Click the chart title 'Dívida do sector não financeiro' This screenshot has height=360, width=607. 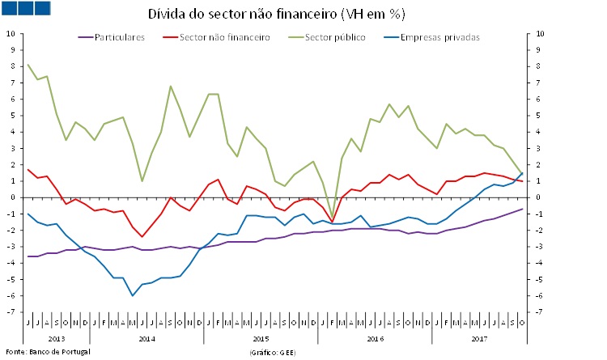point(276,15)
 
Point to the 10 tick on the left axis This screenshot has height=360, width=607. point(11,33)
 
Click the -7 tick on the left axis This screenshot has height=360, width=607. point(11,311)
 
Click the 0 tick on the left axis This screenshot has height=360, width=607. point(12,197)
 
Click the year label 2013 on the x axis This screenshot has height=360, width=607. point(56,337)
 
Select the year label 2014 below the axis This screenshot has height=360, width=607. point(146,337)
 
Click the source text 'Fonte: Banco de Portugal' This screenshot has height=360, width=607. point(48,353)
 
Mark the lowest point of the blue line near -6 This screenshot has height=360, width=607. point(133,295)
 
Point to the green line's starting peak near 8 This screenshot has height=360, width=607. point(28,64)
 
